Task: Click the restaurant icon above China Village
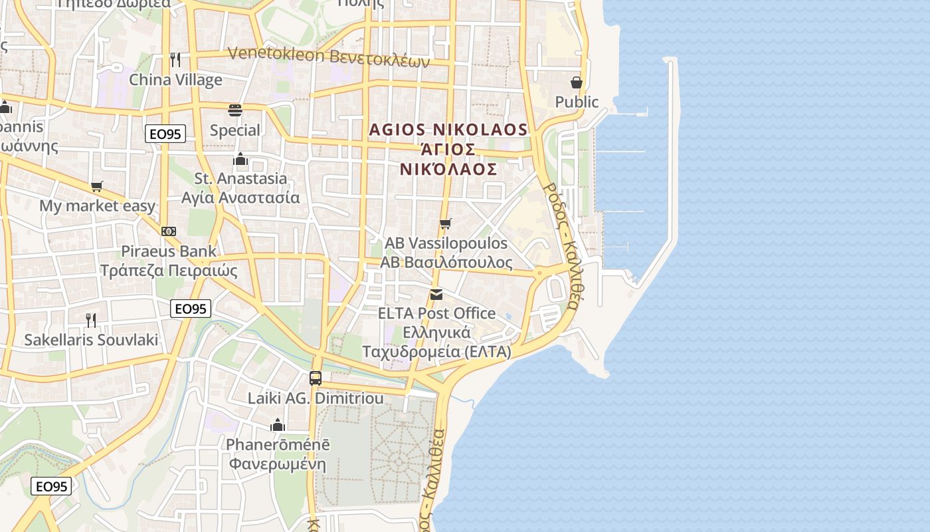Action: click(x=175, y=60)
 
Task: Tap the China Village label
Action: click(x=175, y=80)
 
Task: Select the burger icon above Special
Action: click(x=235, y=110)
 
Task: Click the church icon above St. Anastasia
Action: click(x=240, y=159)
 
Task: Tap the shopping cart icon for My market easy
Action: click(x=97, y=186)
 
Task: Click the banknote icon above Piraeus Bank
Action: click(x=169, y=231)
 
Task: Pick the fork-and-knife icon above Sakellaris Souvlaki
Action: click(x=91, y=321)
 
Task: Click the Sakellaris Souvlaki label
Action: click(x=91, y=340)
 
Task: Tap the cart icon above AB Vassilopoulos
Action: click(x=446, y=224)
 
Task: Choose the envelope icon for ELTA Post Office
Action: click(x=436, y=294)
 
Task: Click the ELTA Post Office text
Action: click(x=436, y=313)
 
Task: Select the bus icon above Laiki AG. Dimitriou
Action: click(x=316, y=378)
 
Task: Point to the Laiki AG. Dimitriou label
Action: click(x=316, y=398)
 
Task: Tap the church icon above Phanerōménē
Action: click(x=278, y=425)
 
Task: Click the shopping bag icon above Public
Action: click(x=577, y=82)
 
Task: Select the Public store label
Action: click(x=577, y=102)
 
